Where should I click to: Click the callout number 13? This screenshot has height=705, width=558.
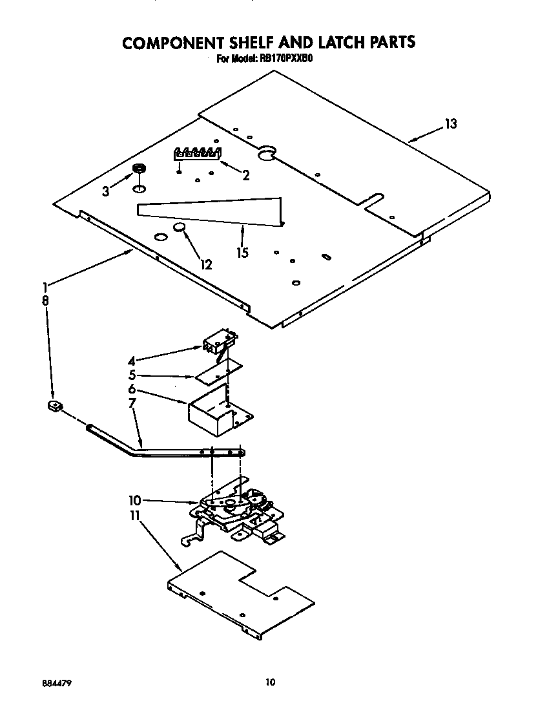(x=450, y=124)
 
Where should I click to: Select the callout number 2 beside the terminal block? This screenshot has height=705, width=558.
(x=245, y=174)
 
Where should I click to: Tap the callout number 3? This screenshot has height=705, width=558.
(x=106, y=191)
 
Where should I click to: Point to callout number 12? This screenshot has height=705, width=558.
(x=205, y=264)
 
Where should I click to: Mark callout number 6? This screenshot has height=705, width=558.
(x=132, y=389)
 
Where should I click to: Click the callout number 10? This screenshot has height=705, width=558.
(x=134, y=500)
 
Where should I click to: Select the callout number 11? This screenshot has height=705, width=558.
(x=134, y=517)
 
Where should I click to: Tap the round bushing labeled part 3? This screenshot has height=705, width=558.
(x=138, y=169)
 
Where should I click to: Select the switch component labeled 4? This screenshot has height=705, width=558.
(x=218, y=342)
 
